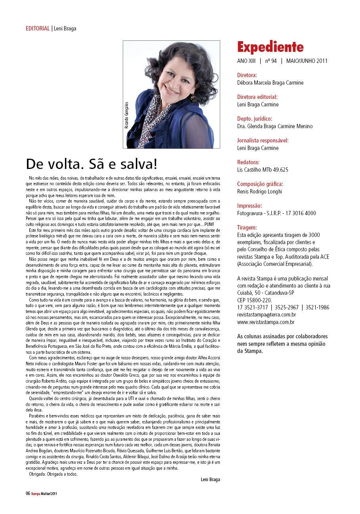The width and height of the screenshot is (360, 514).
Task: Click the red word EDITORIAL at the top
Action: click(x=38, y=28)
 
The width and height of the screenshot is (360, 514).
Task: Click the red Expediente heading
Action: click(x=270, y=47)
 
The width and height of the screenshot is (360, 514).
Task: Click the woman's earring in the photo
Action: click(x=193, y=96)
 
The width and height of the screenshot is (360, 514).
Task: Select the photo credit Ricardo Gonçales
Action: click(x=127, y=115)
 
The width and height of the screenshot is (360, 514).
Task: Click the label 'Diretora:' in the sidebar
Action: click(x=247, y=75)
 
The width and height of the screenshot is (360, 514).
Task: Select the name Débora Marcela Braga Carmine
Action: click(x=270, y=83)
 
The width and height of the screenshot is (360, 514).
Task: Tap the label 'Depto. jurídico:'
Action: click(x=255, y=118)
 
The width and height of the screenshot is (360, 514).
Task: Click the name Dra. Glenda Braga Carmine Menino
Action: click(x=274, y=126)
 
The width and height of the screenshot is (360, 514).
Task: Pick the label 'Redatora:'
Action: click(x=248, y=162)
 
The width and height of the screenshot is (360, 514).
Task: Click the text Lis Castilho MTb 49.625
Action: click(x=263, y=170)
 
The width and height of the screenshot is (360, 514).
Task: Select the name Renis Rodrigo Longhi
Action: click(x=259, y=192)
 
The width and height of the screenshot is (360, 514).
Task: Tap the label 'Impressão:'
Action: click(x=250, y=205)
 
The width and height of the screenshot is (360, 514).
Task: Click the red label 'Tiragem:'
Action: click(x=247, y=227)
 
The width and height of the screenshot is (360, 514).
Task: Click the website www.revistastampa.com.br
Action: click(x=265, y=322)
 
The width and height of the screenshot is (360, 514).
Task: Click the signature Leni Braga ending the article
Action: click(x=210, y=480)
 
